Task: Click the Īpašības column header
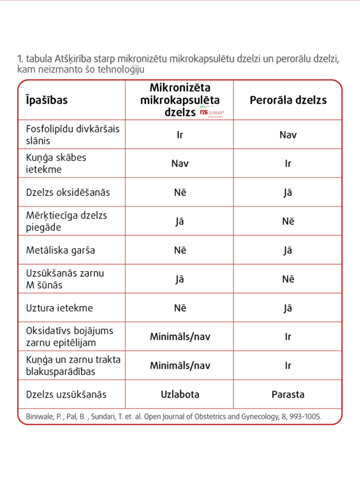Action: pyautogui.click(x=47, y=100)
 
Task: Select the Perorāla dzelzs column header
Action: pyautogui.click(x=288, y=100)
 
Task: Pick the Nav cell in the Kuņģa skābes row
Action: pyautogui.click(x=180, y=164)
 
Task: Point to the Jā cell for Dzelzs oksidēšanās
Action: pyautogui.click(x=288, y=192)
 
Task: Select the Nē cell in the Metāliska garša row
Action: pyautogui.click(x=180, y=250)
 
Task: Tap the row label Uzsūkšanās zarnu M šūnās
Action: pyautogui.click(x=65, y=279)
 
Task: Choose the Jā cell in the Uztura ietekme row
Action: pyautogui.click(x=288, y=308)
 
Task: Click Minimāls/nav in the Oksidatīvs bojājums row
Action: pyautogui.click(x=180, y=337)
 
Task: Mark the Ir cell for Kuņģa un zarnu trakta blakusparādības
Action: pyautogui.click(x=288, y=366)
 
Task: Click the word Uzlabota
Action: pyautogui.click(x=180, y=394)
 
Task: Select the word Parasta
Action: pyautogui.click(x=288, y=394)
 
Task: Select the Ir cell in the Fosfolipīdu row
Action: pyautogui.click(x=180, y=135)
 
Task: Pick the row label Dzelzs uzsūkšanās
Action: pyautogui.click(x=66, y=394)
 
